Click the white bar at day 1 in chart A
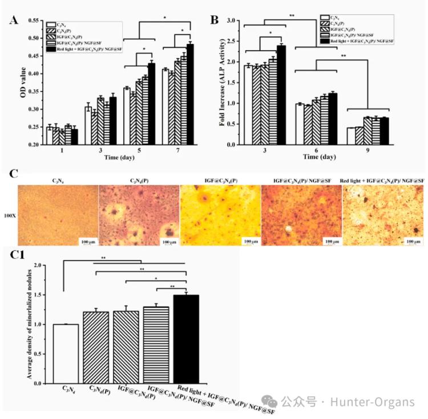(x=50, y=135)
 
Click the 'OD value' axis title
(x=15, y=83)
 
